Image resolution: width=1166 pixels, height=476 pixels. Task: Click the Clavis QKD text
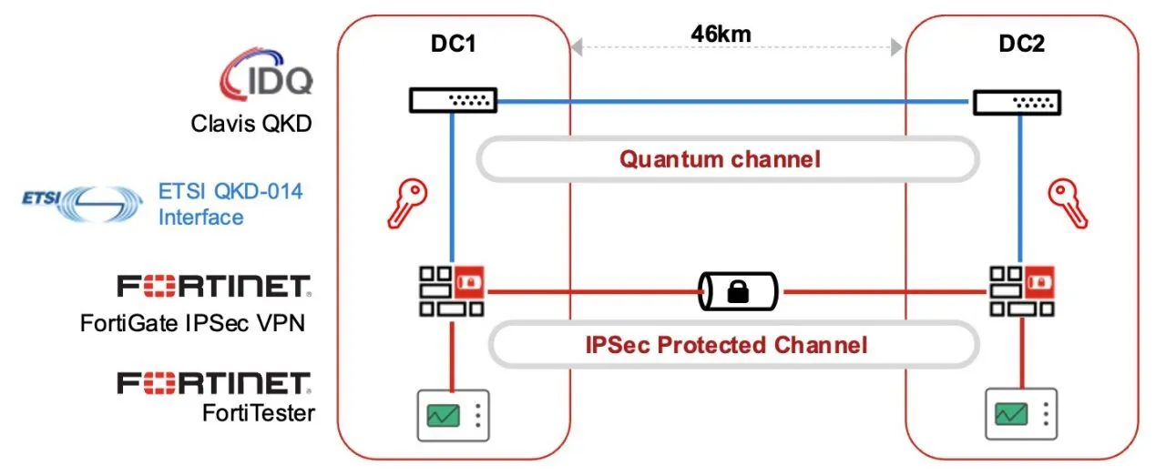pos(251,123)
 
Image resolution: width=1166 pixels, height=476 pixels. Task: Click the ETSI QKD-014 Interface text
pos(230,204)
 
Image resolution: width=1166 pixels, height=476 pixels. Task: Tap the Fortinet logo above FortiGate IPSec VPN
pos(215,287)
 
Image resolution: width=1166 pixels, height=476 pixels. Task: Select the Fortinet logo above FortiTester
pos(215,382)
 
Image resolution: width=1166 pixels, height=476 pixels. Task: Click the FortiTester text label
pos(259,412)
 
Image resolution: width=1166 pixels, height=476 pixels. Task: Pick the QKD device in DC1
pos(453,101)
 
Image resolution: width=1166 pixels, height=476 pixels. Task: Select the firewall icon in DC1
pos(452,291)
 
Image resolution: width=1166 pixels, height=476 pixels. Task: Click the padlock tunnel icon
pos(738,292)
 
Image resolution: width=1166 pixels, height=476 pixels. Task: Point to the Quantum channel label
pos(720,159)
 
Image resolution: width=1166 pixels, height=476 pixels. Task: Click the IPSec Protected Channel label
pos(725,345)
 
